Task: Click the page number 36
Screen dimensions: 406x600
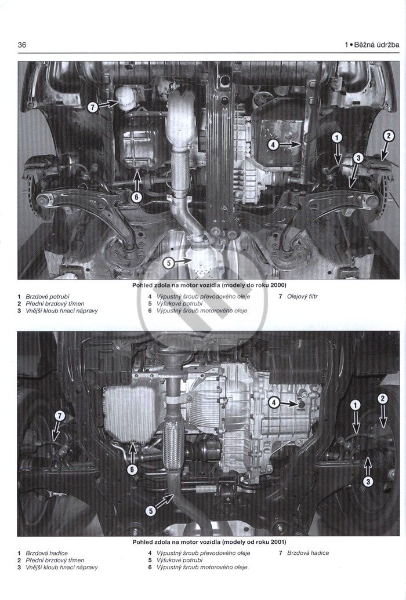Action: [x=22, y=45]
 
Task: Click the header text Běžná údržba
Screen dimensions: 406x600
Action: [x=377, y=45]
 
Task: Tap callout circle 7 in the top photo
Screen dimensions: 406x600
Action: [x=92, y=107]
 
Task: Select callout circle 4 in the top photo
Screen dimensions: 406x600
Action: [x=273, y=145]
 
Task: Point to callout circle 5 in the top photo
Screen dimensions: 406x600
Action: [x=169, y=263]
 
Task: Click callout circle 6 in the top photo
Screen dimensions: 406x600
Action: [x=137, y=197]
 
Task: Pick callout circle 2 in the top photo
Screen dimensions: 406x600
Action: [x=389, y=136]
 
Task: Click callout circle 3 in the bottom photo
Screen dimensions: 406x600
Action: [x=368, y=481]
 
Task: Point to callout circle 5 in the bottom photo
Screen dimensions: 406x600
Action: [x=151, y=511]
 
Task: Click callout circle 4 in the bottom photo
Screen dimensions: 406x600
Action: [x=274, y=402]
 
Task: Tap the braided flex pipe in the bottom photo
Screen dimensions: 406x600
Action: [x=173, y=444]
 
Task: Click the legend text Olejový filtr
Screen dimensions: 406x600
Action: [x=302, y=296]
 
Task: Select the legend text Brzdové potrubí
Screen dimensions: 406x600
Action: [x=48, y=296]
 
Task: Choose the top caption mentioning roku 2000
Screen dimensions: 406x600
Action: [x=209, y=285]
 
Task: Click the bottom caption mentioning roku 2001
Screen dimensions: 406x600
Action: [x=209, y=542]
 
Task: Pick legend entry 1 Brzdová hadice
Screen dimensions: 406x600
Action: [x=42, y=553]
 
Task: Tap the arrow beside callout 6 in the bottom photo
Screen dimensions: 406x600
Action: [x=132, y=453]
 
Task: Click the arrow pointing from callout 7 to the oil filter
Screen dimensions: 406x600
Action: [x=108, y=104]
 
